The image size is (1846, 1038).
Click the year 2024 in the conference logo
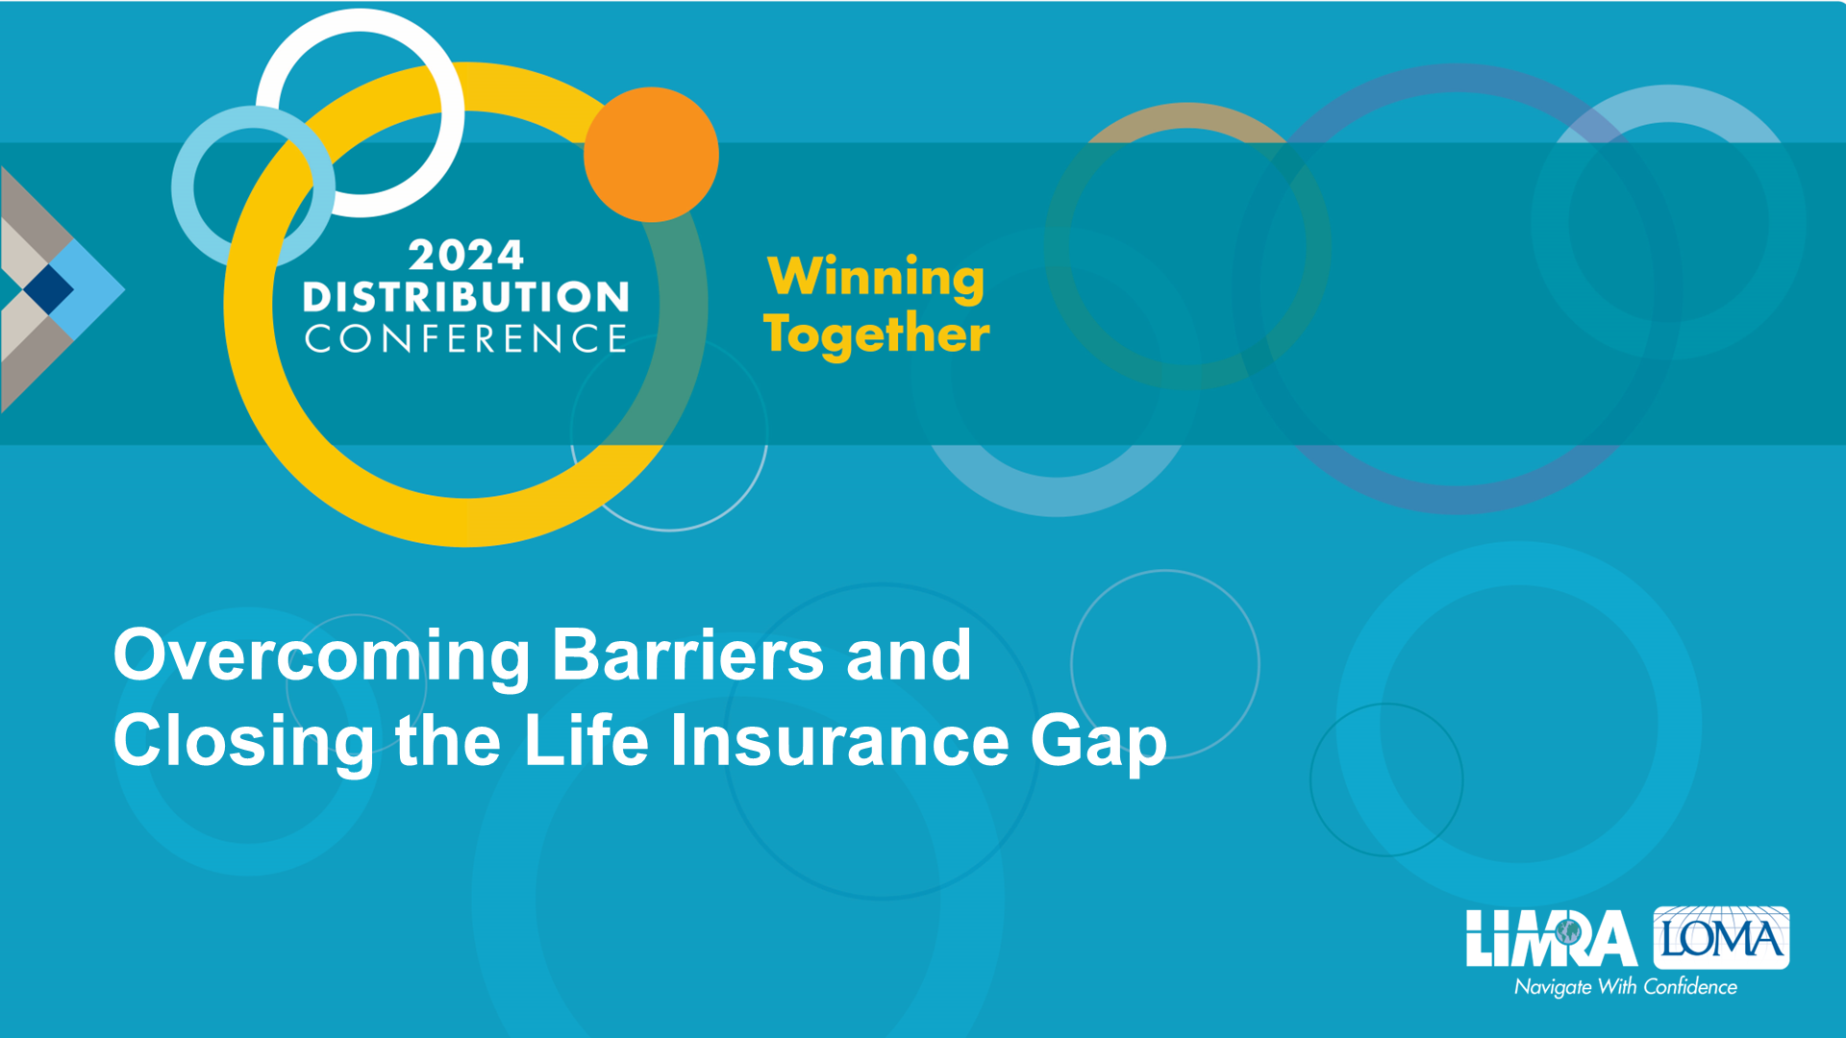pyautogui.click(x=466, y=256)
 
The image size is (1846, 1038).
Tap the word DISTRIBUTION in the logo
pyautogui.click(x=466, y=297)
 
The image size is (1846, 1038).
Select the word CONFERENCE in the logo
pyautogui.click(x=466, y=339)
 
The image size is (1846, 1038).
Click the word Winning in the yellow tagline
pyautogui.click(x=876, y=278)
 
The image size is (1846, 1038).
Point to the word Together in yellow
pyautogui.click(x=876, y=334)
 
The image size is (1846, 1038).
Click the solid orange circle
pyautogui.click(x=651, y=155)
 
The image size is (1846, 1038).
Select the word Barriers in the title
pyautogui.click(x=688, y=655)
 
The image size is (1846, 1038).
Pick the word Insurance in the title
pyautogui.click(x=839, y=741)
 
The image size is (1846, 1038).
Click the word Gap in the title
pyautogui.click(x=1099, y=743)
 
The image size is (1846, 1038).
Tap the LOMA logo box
pyautogui.click(x=1721, y=937)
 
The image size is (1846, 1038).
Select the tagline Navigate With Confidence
pyautogui.click(x=1626, y=987)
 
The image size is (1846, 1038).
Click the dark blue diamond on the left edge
pyautogui.click(x=48, y=288)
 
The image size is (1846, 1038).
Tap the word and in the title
pyautogui.click(x=909, y=655)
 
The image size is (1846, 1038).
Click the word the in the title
pyautogui.click(x=448, y=740)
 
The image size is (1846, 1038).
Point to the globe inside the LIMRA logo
pyautogui.click(x=1568, y=931)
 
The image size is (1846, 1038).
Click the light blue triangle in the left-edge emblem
pyautogui.click(x=92, y=288)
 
